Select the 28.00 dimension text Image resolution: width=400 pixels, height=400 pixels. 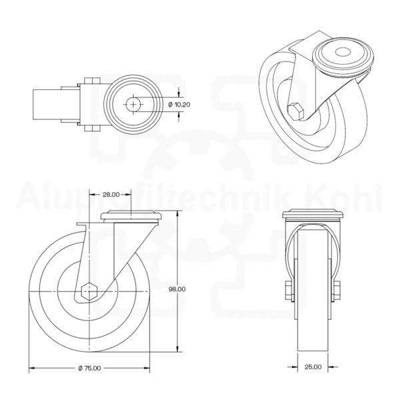(x=111, y=195)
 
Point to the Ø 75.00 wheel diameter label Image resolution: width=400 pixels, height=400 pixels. (x=89, y=369)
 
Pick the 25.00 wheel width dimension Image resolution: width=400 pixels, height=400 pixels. (x=313, y=366)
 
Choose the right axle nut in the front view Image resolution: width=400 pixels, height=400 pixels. (x=336, y=290)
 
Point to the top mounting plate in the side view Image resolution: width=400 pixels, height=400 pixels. (x=133, y=216)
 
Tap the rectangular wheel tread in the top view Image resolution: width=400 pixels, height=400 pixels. (x=47, y=105)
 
